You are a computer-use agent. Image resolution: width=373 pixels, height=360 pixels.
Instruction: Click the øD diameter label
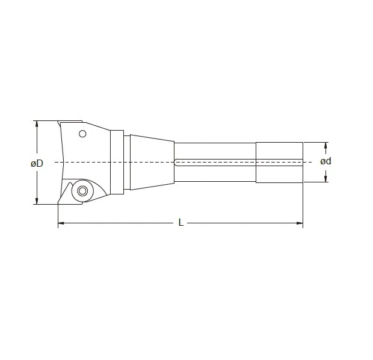click(37, 163)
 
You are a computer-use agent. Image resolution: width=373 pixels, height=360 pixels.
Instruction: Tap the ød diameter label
click(325, 161)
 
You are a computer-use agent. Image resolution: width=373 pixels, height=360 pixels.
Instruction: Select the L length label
click(180, 223)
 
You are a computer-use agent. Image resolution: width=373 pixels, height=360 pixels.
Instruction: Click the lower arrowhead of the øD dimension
click(37, 201)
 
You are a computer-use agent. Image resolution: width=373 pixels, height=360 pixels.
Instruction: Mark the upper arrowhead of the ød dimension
click(326, 145)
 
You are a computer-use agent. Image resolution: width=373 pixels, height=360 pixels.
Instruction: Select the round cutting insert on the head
click(81, 191)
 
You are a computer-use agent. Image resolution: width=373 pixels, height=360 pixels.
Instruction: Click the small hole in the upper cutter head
click(83, 134)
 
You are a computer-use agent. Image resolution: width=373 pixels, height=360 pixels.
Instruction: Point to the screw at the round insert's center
click(81, 191)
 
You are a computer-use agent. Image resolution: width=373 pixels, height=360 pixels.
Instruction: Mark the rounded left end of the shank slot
click(176, 161)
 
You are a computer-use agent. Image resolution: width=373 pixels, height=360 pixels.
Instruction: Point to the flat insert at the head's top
click(71, 122)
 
